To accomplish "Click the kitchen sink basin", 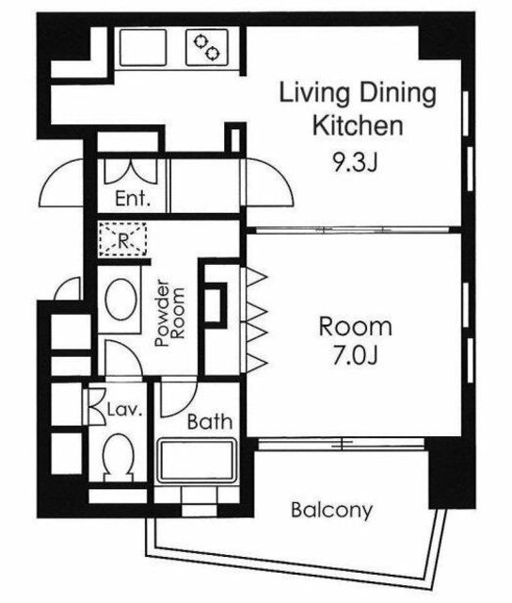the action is pos(143,48).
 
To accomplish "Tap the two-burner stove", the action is pos(207,48).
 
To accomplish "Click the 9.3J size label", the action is pos(356,163).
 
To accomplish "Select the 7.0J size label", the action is pos(356,356).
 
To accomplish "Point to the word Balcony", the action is pos(332,511).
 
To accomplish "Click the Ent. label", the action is pos(133,199).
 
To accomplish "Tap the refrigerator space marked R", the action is pos(122,238).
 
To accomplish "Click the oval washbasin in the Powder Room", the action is pos(121,300).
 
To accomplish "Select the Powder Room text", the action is pos(169,314).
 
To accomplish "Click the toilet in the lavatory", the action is pos(118,458).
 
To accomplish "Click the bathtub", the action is pos(197,460).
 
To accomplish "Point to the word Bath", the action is pos(210,422).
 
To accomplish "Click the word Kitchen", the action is pos(358,125).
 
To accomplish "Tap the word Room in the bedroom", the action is pos(356,327).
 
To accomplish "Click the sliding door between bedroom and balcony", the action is pos(342,444).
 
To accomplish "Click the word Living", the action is pos(314,93).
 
